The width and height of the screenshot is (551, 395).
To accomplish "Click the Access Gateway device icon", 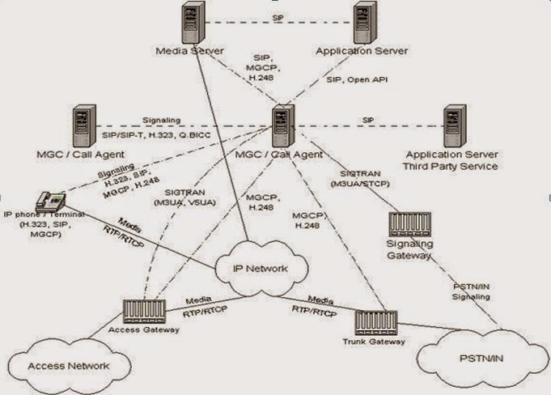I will (x=144, y=311).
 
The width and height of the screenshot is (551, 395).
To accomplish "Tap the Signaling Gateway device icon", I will (x=409, y=224).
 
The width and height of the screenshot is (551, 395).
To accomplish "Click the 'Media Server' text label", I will (x=188, y=52).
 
